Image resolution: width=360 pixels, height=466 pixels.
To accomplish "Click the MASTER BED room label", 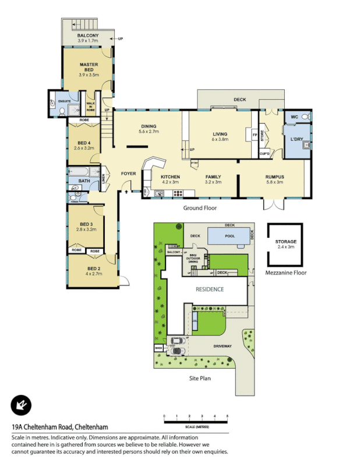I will pyautogui.click(x=88, y=67).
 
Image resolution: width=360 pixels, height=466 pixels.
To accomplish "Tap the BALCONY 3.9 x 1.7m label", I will pyautogui.click(x=88, y=38).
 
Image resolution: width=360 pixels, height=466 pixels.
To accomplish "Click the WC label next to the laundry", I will pyautogui.click(x=295, y=117).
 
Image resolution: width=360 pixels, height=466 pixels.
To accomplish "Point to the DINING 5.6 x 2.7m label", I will pyautogui.click(x=149, y=129).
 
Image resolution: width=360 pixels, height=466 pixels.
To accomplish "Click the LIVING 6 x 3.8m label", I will pyautogui.click(x=220, y=137).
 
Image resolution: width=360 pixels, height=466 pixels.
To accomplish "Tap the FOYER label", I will pyautogui.click(x=128, y=174).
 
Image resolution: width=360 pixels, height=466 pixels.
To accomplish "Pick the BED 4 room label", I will pyautogui.click(x=84, y=146).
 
